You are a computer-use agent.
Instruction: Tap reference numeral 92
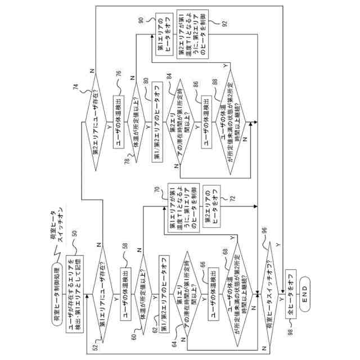click(x=224, y=24)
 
